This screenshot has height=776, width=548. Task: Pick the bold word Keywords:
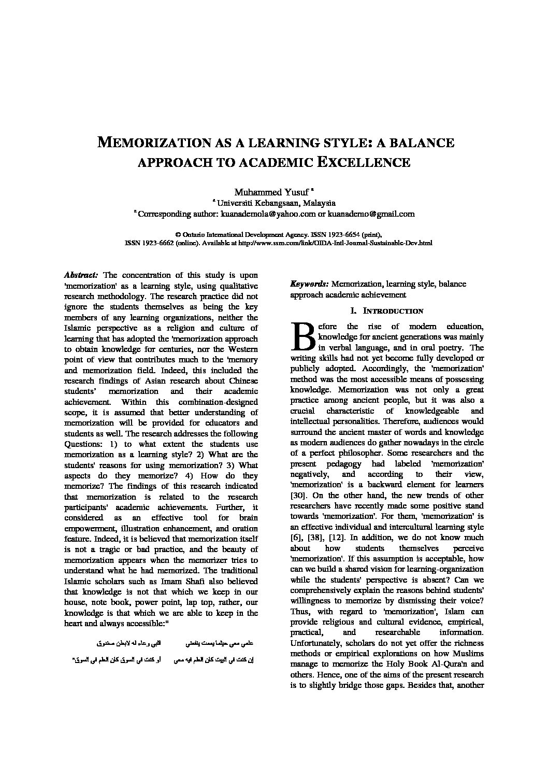(309, 284)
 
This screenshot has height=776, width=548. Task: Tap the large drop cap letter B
(302, 336)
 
